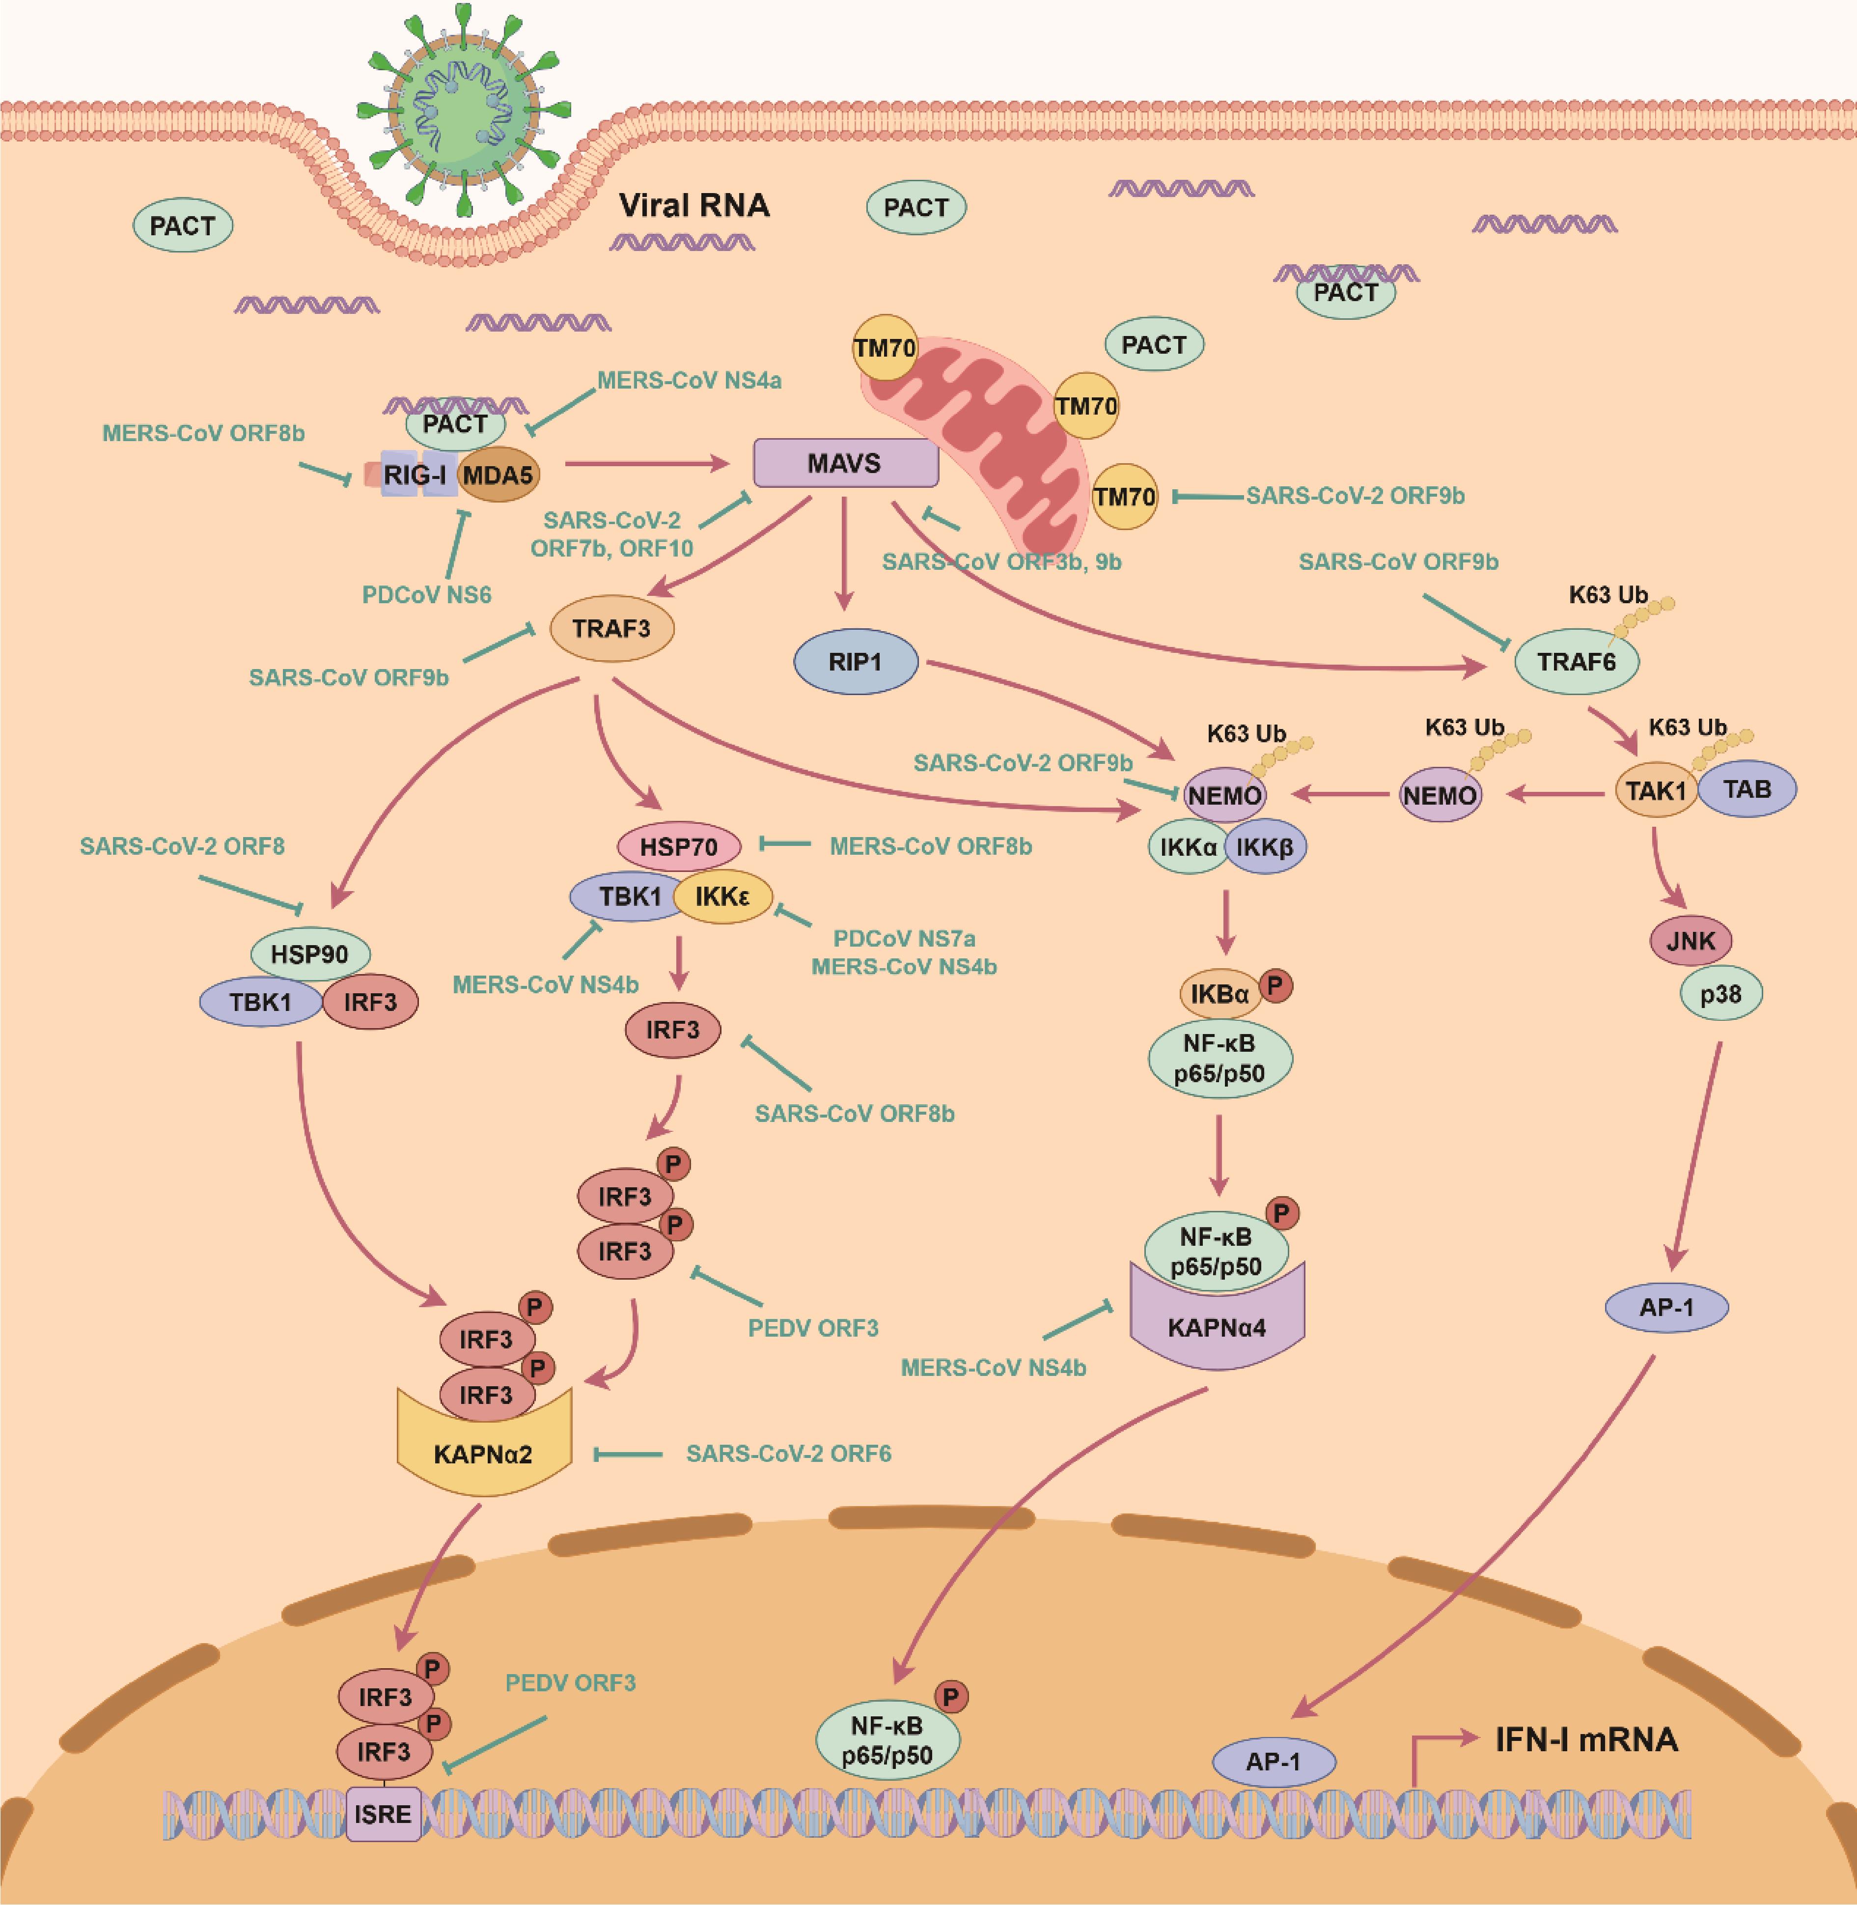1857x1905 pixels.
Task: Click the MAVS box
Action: pyautogui.click(x=845, y=462)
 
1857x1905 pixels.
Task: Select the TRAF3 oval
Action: pyautogui.click(x=611, y=628)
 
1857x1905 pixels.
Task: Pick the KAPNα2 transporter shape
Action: pyautogui.click(x=484, y=1454)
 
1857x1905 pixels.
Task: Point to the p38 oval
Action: pyautogui.click(x=1720, y=994)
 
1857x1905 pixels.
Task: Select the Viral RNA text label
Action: pyautogui.click(x=694, y=206)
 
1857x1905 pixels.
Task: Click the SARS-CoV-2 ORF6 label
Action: pyautogui.click(x=788, y=1454)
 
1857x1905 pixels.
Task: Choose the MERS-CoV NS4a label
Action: pyautogui.click(x=689, y=380)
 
